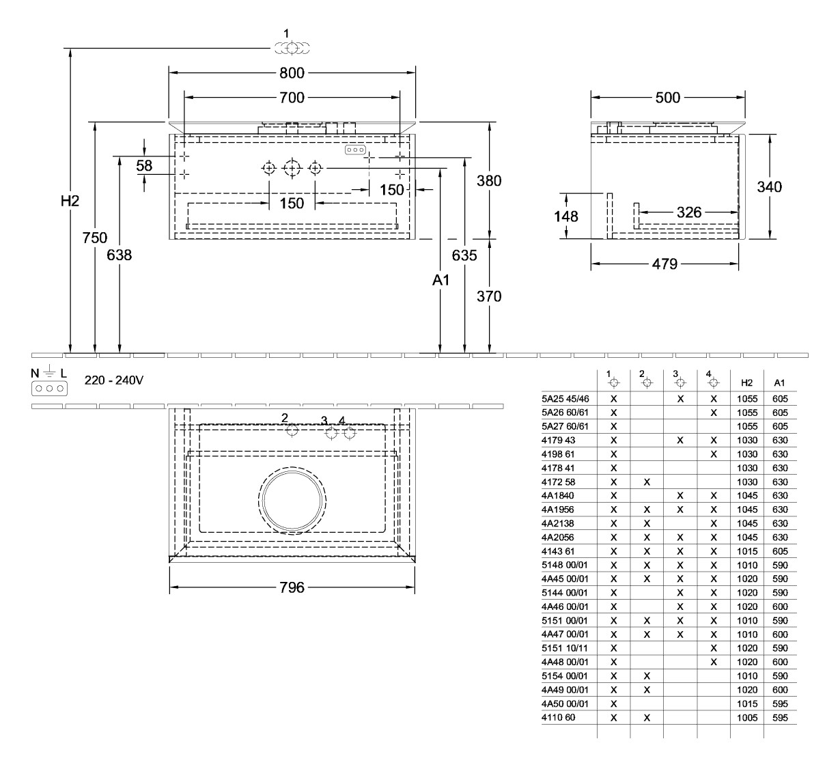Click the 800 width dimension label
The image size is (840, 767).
(292, 72)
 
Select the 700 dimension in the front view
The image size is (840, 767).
(292, 98)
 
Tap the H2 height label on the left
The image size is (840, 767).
(70, 201)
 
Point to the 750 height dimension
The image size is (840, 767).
(95, 238)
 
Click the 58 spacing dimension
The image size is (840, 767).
(144, 165)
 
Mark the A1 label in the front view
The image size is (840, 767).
(441, 280)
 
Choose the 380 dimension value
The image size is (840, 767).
(489, 181)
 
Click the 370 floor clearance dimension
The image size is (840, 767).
(489, 296)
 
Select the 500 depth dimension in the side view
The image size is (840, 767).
(667, 98)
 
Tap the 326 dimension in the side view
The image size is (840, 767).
(688, 213)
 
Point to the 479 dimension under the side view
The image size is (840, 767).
(664, 264)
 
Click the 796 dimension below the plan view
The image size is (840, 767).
(292, 587)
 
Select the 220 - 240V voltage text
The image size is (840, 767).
(114, 380)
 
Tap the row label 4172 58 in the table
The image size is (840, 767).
(559, 482)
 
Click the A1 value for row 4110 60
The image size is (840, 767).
(780, 718)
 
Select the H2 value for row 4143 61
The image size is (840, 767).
(746, 551)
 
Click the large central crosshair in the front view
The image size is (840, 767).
(292, 168)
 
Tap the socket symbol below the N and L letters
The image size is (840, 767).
(49, 388)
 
